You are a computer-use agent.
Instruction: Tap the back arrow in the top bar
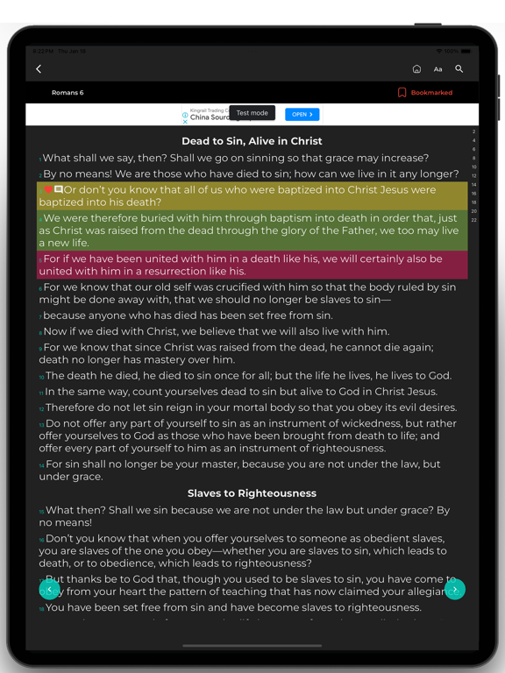tap(39, 69)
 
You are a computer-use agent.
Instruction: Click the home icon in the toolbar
tap(416, 69)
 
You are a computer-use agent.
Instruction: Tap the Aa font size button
tap(437, 69)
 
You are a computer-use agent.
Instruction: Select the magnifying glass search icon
tap(459, 69)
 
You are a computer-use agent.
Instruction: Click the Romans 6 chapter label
tap(68, 93)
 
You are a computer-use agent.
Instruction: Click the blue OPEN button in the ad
tap(302, 115)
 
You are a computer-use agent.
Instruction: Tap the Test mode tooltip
tap(252, 113)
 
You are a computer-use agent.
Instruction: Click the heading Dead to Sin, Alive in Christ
tap(252, 141)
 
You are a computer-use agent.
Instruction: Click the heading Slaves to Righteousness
tap(252, 493)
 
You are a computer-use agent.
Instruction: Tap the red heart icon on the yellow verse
tap(48, 189)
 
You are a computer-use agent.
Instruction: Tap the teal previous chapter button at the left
tap(49, 590)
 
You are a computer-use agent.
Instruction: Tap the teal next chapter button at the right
tap(454, 590)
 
